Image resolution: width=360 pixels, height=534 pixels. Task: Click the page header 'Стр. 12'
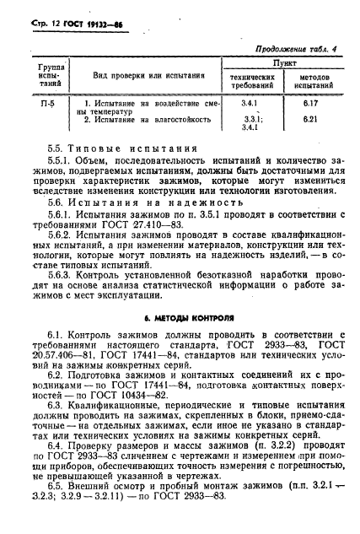point(38,20)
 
